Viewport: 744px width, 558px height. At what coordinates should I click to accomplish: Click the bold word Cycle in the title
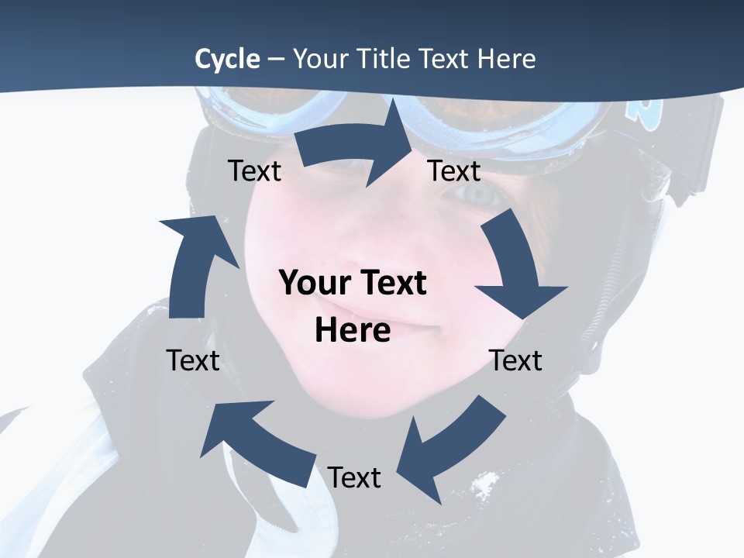coord(227,58)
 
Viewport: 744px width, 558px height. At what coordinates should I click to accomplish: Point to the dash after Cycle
coord(276,59)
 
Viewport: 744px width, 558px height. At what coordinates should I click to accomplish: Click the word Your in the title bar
coord(319,58)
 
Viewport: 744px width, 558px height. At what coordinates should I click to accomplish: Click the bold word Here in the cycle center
coord(353,330)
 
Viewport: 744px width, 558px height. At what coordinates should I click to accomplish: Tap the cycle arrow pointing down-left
coord(449,446)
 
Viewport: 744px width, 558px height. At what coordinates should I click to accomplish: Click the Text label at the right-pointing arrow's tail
coord(254,170)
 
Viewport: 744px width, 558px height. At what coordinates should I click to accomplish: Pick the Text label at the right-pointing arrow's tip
coord(454,170)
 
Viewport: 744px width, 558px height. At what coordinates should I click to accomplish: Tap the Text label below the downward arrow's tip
coord(515,360)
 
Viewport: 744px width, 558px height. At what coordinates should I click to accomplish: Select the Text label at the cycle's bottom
coord(353,477)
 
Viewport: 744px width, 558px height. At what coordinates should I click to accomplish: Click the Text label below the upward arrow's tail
coord(193,360)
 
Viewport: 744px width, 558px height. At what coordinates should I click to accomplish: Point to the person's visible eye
coord(481,195)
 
